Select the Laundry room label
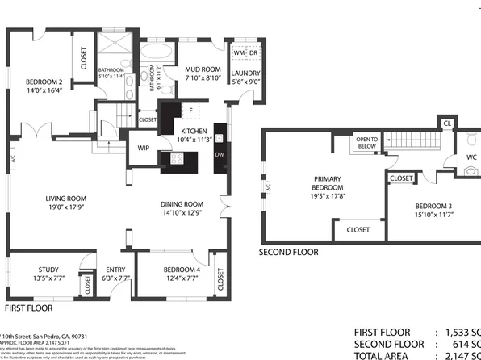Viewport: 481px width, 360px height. point(245,73)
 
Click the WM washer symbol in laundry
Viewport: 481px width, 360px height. point(238,52)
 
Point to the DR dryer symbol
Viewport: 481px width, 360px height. point(253,52)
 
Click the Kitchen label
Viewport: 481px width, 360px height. point(194,131)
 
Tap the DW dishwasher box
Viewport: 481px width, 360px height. point(219,155)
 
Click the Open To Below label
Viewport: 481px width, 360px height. point(366,143)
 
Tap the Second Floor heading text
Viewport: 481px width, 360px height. point(288,252)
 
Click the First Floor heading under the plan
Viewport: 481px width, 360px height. point(29,308)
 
